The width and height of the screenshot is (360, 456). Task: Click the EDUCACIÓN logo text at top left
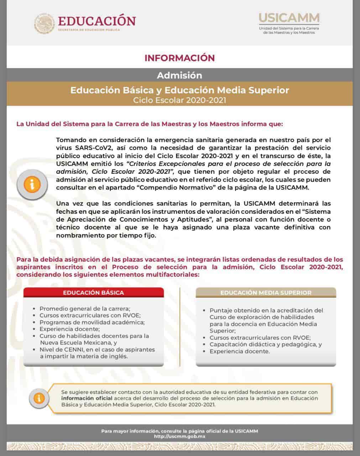[96, 21]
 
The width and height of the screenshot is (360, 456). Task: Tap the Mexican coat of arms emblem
[45, 24]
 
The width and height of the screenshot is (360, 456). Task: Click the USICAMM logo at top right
[289, 18]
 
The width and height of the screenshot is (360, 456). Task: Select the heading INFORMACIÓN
[179, 58]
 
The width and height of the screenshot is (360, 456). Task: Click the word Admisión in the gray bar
[179, 76]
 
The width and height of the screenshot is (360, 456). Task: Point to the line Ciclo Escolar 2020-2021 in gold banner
[179, 100]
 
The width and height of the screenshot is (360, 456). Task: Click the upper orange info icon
[32, 185]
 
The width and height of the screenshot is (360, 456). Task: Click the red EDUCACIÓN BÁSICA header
[94, 292]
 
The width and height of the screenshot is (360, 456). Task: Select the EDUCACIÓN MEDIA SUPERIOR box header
[266, 292]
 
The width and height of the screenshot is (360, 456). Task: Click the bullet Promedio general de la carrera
[85, 309]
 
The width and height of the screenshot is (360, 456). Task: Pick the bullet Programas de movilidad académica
[92, 322]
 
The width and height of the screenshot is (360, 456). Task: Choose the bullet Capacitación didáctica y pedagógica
[265, 344]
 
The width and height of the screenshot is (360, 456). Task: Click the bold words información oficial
[87, 398]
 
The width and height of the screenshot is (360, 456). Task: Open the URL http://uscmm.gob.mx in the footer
[179, 436]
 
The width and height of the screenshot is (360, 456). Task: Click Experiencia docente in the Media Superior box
[239, 351]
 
